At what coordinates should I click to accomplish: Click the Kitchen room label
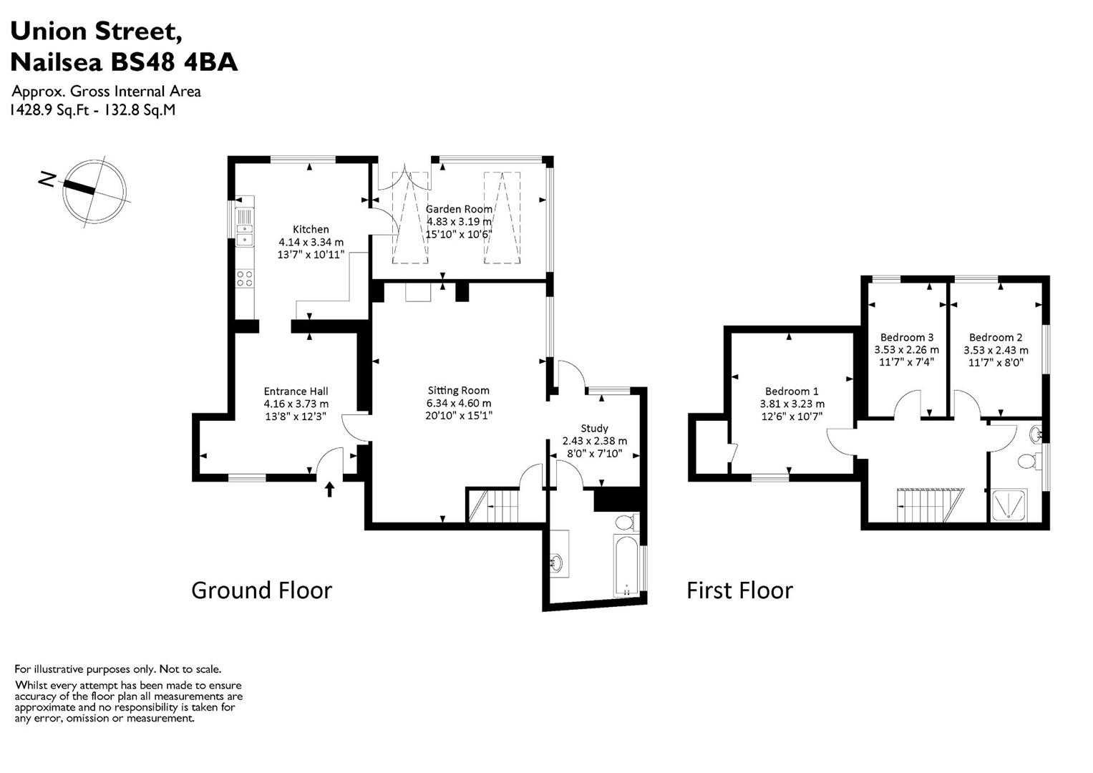click(311, 229)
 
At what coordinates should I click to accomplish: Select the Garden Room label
click(459, 209)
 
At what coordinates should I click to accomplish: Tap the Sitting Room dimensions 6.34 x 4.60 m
click(459, 403)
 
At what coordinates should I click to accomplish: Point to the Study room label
click(594, 429)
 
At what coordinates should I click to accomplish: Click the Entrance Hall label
click(296, 391)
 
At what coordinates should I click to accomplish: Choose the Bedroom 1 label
click(792, 391)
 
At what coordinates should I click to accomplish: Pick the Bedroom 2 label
click(996, 337)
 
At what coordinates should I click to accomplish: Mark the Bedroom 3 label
click(907, 337)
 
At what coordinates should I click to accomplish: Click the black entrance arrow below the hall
click(330, 489)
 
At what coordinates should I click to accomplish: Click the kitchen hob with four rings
click(245, 278)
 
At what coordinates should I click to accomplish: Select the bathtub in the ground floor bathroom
click(626, 565)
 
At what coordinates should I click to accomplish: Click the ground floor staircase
click(495, 505)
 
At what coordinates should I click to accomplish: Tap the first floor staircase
click(931, 505)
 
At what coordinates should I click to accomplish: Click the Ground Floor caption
click(262, 590)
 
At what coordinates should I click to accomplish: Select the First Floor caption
click(739, 590)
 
